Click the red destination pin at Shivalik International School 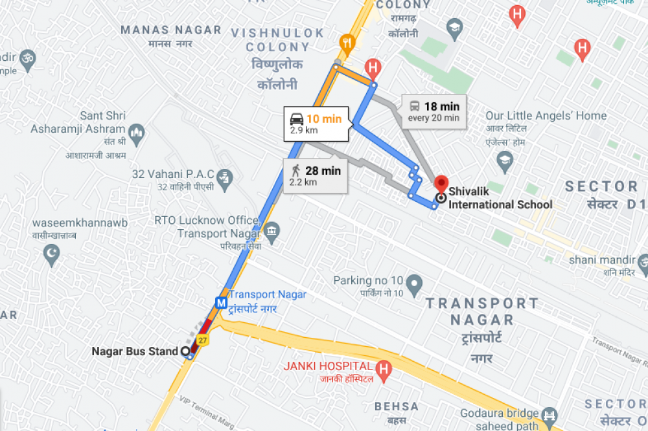441,183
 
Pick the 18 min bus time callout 434,111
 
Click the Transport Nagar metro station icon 222,302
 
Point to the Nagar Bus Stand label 134,351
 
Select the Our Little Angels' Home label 546,116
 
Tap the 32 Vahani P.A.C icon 224,175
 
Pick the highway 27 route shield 203,340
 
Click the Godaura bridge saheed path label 499,419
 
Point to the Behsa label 396,406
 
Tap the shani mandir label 599,260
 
